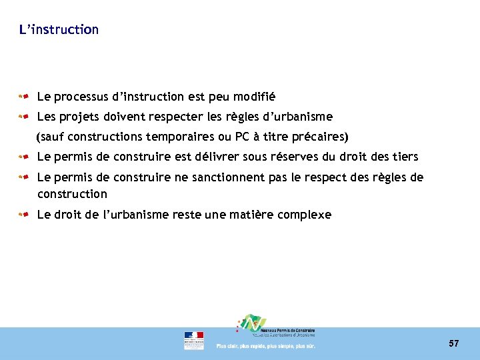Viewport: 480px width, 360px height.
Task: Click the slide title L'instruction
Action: click(x=59, y=30)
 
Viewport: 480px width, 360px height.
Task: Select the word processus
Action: click(x=79, y=97)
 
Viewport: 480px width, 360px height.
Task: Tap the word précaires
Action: click(x=323, y=137)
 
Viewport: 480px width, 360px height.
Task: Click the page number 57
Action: click(x=454, y=343)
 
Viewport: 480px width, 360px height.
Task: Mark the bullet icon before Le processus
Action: click(x=23, y=97)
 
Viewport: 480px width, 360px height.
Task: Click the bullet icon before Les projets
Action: click(x=23, y=117)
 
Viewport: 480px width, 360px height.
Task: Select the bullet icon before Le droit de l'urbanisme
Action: click(x=23, y=215)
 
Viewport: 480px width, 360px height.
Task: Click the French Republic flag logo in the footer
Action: click(x=194, y=340)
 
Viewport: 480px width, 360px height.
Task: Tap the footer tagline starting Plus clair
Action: click(x=265, y=346)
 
